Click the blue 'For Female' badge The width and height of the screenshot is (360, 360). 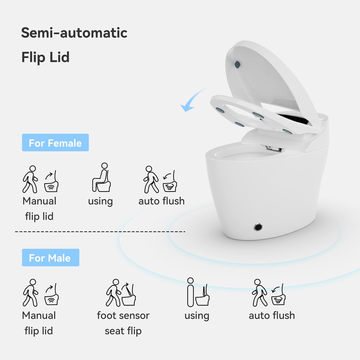[x=55, y=143]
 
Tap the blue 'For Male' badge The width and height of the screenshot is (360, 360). [x=50, y=258]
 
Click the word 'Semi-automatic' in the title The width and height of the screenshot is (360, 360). [x=74, y=33]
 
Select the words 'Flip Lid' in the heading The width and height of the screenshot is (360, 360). [x=45, y=57]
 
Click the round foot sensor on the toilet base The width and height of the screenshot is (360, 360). [x=258, y=227]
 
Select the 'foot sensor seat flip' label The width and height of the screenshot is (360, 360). [x=123, y=323]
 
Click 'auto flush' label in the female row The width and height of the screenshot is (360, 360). [x=161, y=201]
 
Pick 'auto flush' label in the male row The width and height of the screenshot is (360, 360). [x=271, y=315]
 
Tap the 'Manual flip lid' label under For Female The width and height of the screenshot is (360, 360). [x=39, y=208]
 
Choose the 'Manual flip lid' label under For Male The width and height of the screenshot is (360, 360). [x=39, y=323]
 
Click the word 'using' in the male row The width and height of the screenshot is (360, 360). [x=197, y=316]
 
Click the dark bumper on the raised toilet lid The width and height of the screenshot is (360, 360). [x=237, y=64]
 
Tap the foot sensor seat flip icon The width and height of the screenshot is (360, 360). [x=122, y=292]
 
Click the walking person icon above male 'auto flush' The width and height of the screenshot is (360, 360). [x=260, y=292]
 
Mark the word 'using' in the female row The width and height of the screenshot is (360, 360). [x=100, y=201]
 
